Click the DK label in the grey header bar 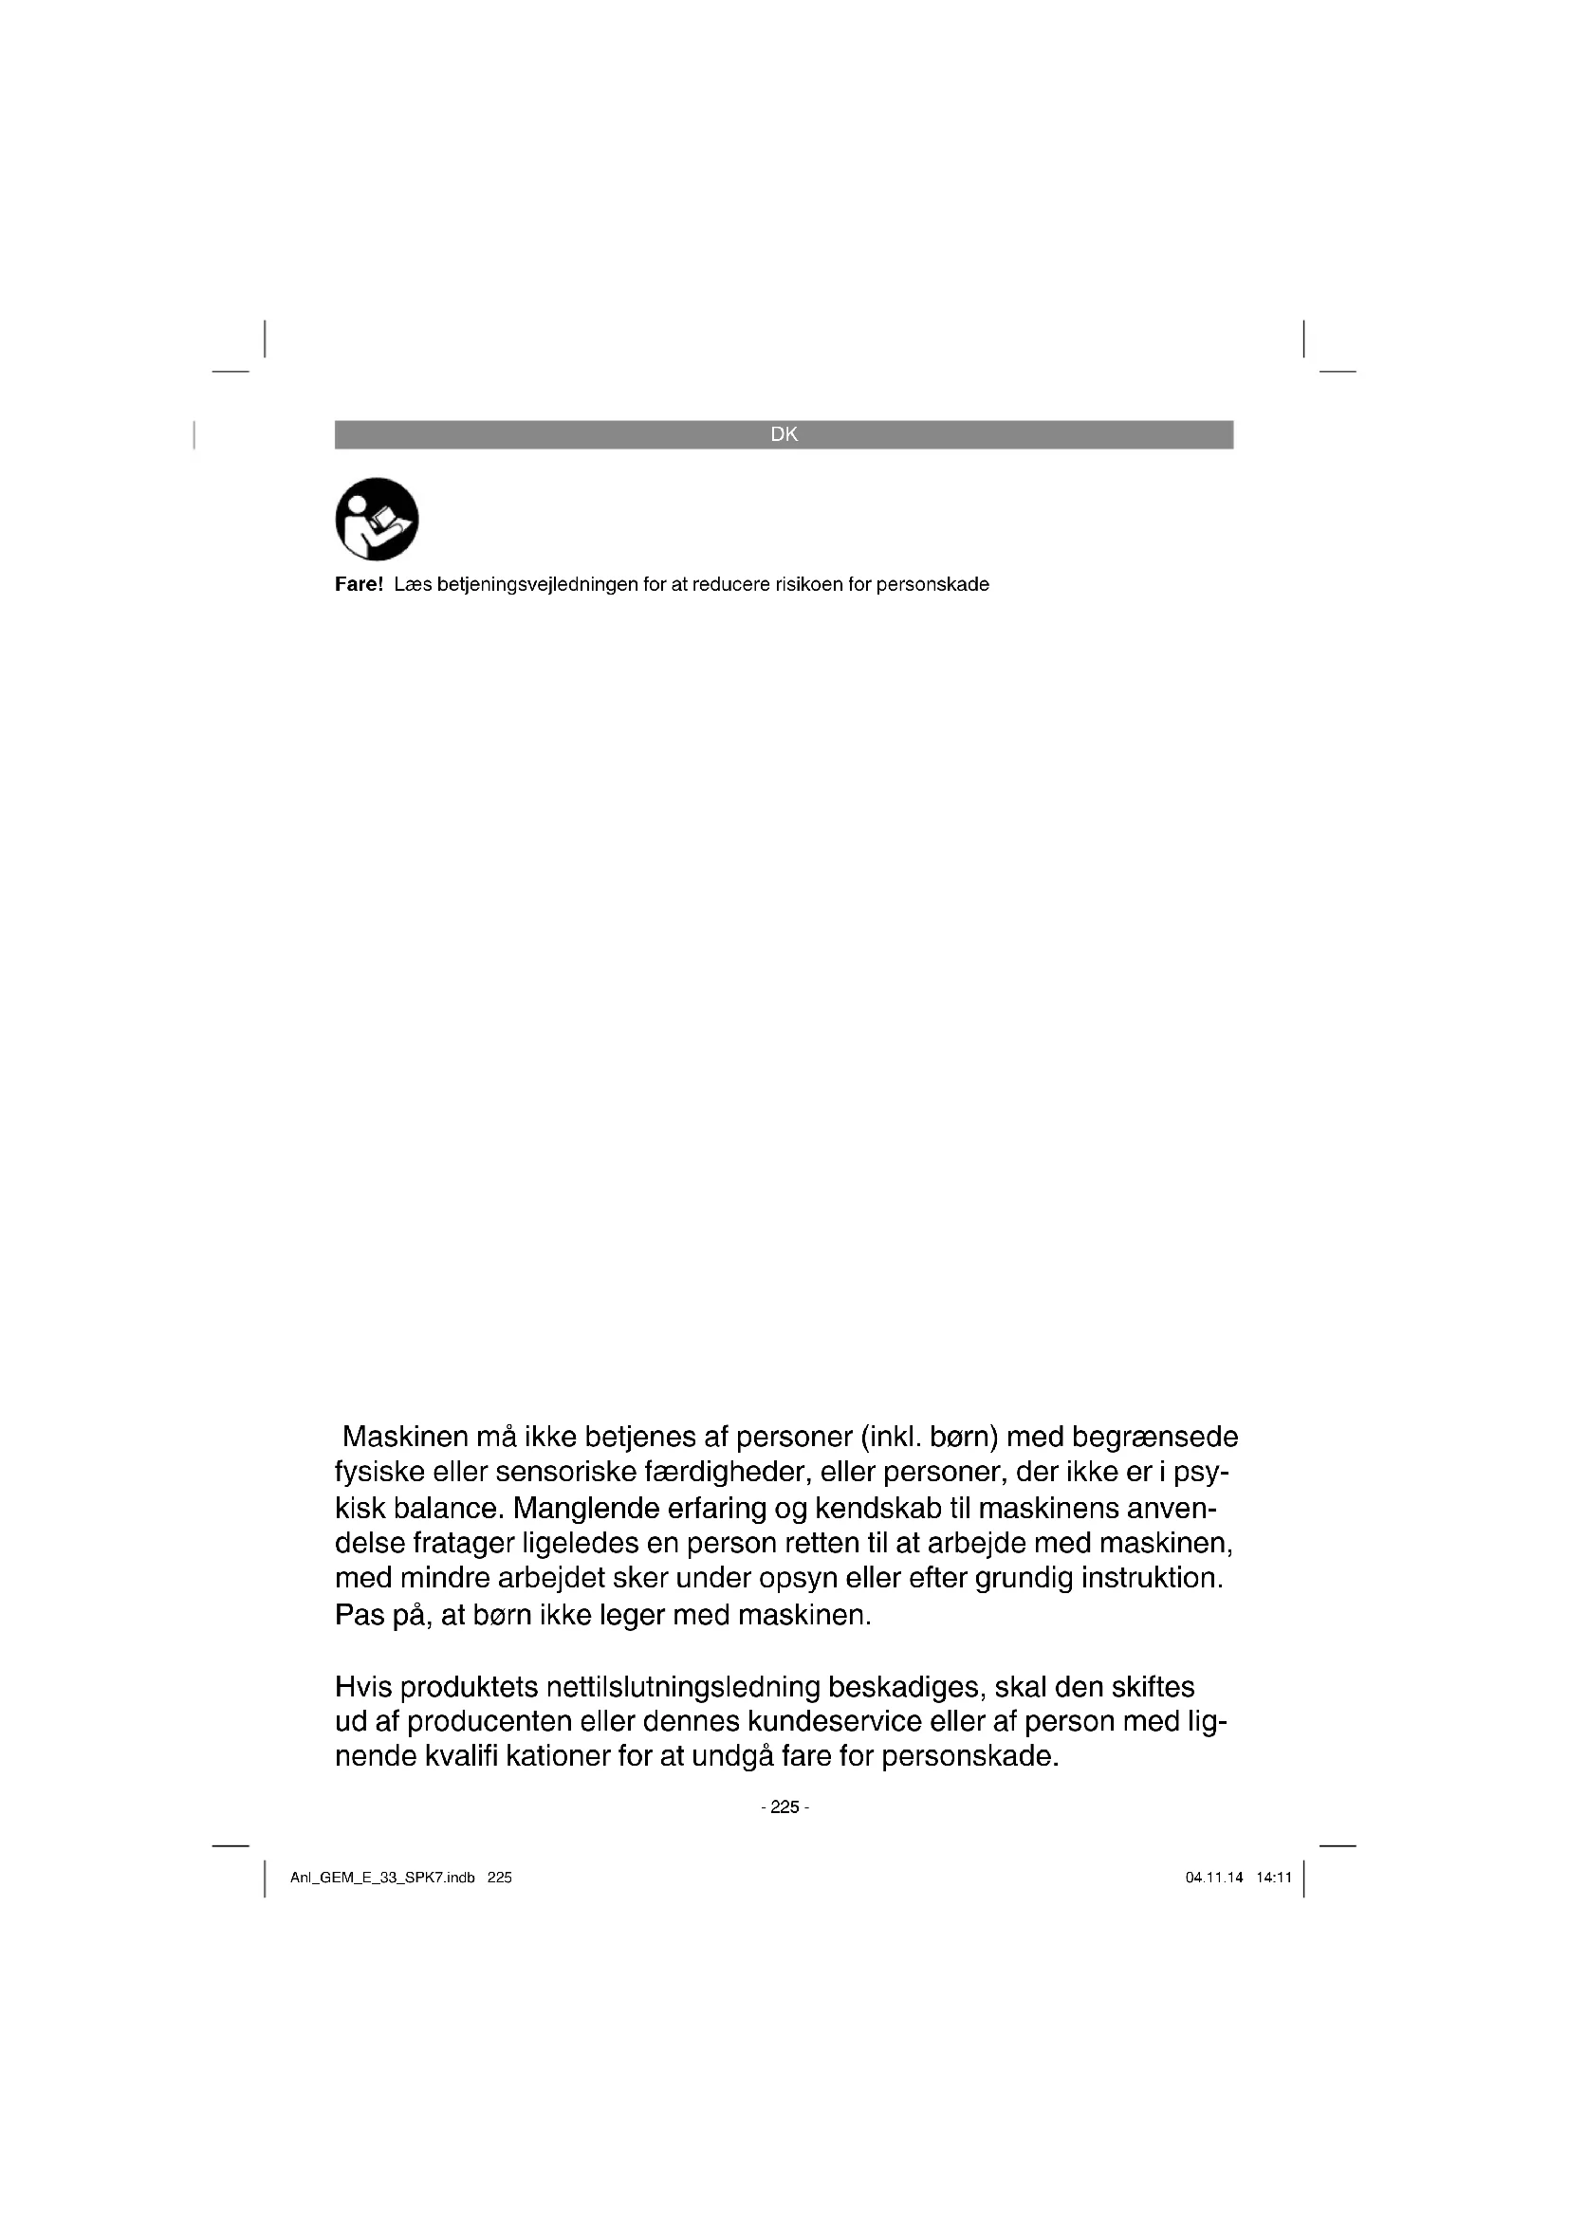point(784,434)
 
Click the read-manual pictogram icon point(377,519)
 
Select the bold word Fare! point(359,584)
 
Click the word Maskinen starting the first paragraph point(406,1437)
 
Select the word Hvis point(363,1687)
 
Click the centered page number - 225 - point(784,1806)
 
